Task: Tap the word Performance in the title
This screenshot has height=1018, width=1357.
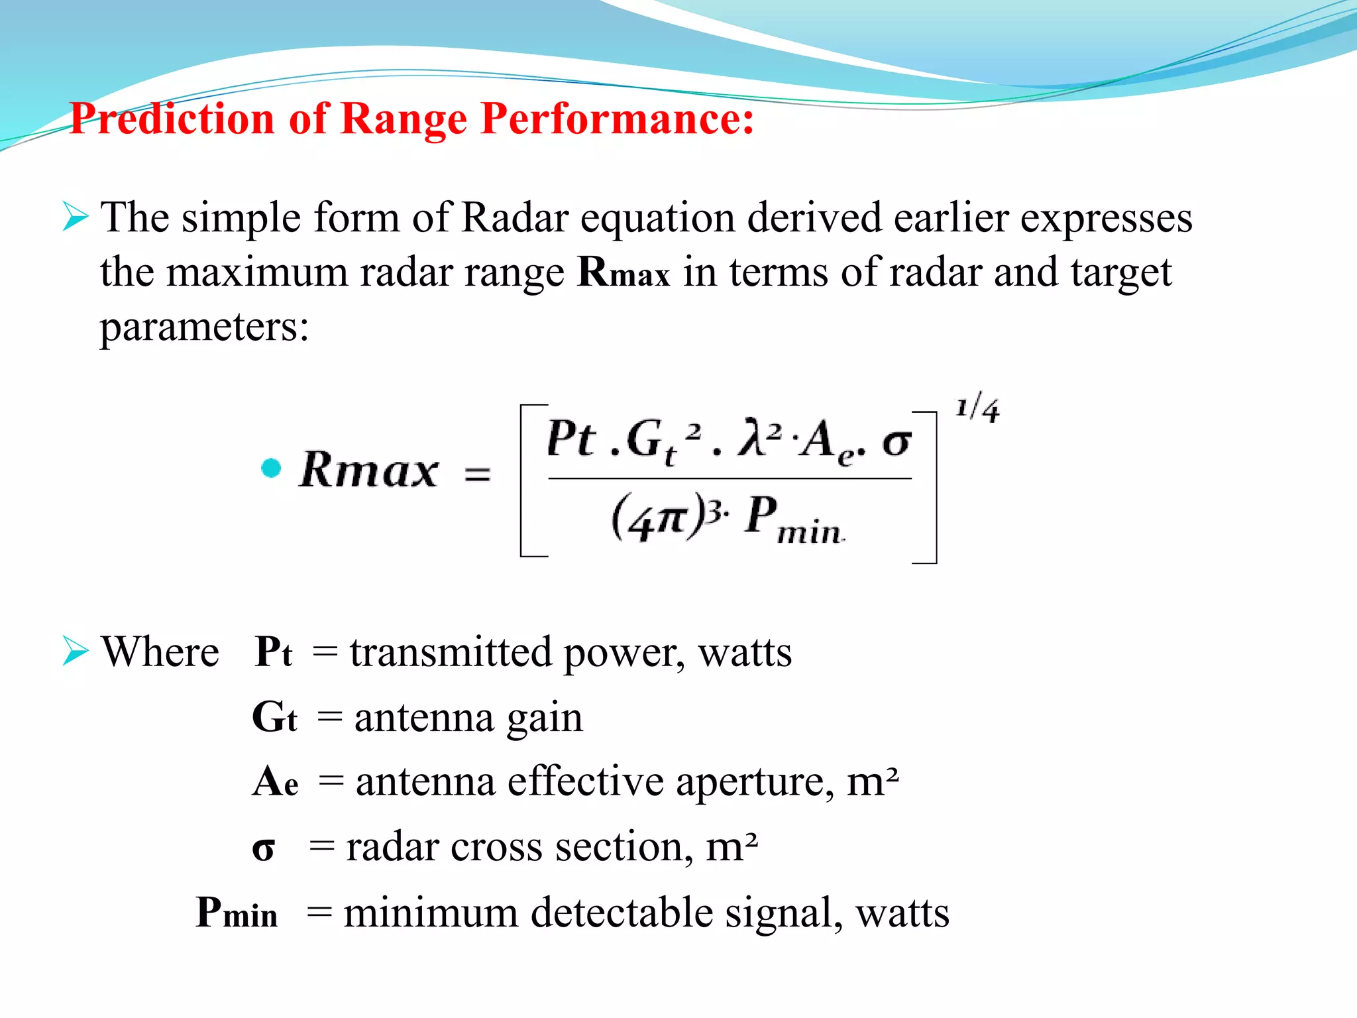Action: (x=617, y=119)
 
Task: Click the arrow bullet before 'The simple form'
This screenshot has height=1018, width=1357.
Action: (x=76, y=217)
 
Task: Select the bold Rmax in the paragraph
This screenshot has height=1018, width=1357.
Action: (x=624, y=272)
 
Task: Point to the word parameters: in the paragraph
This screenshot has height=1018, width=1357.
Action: (x=204, y=326)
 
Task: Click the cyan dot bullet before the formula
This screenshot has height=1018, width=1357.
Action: (x=271, y=468)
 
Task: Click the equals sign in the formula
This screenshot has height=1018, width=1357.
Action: (x=477, y=475)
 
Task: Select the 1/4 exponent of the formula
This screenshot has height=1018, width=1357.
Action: (x=977, y=409)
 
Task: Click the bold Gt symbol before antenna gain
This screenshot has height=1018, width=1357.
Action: (x=274, y=717)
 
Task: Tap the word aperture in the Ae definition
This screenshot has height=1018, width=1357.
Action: (x=755, y=782)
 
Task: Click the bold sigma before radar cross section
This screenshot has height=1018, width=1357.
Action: (x=263, y=848)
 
